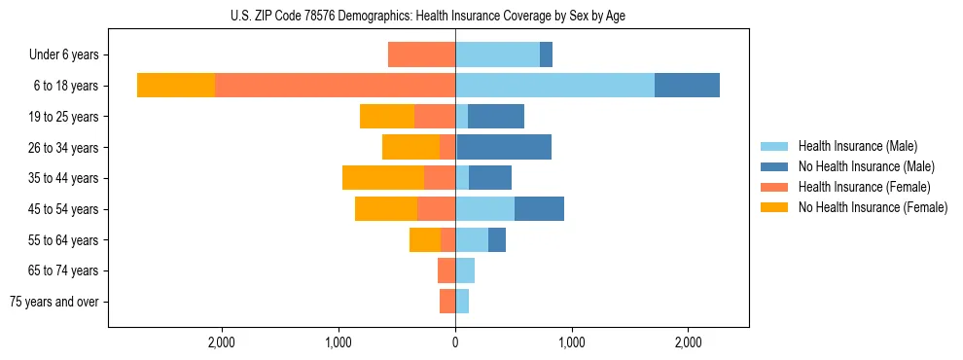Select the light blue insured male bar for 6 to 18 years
554,86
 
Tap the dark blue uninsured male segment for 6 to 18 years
687,86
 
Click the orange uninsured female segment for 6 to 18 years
176,86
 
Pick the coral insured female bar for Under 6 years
421,54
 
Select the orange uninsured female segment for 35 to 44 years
383,178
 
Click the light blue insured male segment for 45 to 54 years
484,209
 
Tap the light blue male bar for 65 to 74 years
465,270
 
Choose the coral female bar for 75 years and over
447,302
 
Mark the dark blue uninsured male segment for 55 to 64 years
497,239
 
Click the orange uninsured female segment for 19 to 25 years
387,117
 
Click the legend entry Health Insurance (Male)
857,146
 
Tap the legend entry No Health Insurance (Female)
872,207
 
